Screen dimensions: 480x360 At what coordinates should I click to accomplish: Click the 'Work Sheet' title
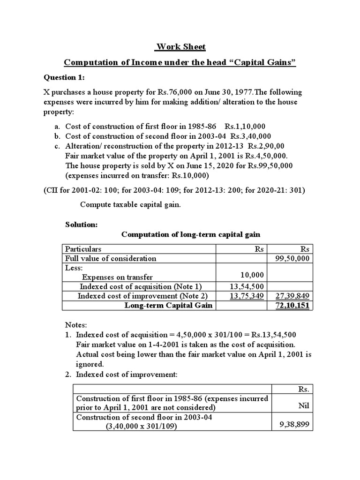180,47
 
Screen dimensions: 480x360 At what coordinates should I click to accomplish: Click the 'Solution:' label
81,225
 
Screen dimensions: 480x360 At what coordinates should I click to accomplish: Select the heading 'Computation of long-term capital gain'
191,234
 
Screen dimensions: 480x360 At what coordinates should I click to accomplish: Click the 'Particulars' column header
83,249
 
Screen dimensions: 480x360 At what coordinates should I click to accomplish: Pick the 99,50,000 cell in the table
295,258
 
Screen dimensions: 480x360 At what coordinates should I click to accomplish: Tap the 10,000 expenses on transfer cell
251,275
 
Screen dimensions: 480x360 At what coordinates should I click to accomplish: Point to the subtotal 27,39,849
294,296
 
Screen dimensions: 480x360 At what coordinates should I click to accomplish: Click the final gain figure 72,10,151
294,306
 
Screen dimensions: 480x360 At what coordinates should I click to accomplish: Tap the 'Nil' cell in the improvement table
304,404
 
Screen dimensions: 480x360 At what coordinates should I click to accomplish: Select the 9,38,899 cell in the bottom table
294,425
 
